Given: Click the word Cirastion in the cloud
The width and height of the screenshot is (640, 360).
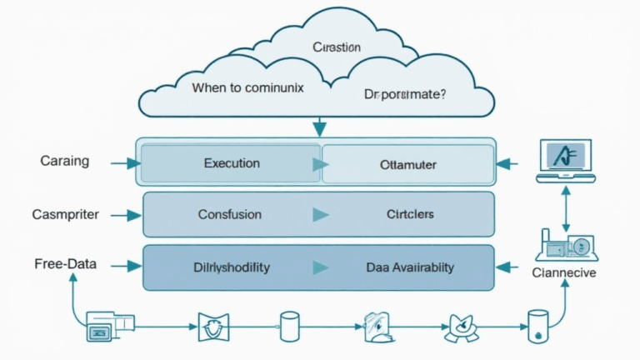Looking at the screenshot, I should (x=336, y=47).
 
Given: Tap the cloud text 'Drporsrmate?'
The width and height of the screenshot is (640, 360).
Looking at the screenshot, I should (x=405, y=95).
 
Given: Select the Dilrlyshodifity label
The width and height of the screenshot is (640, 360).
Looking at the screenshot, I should (x=231, y=267).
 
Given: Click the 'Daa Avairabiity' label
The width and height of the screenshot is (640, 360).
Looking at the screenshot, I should (x=410, y=267).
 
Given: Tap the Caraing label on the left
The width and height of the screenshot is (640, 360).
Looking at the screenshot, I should (x=64, y=161).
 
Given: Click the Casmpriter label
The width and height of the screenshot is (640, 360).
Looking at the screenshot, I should (x=65, y=214).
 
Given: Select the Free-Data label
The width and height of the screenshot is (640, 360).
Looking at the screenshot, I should (x=65, y=264).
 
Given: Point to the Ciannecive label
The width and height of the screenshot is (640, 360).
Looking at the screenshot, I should (x=563, y=272).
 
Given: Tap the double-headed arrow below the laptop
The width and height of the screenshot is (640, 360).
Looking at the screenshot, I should (x=565, y=208).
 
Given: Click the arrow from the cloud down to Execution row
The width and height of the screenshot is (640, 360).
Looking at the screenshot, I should (x=317, y=127).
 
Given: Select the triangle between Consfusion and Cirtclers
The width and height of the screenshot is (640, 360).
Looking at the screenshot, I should (x=320, y=215).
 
